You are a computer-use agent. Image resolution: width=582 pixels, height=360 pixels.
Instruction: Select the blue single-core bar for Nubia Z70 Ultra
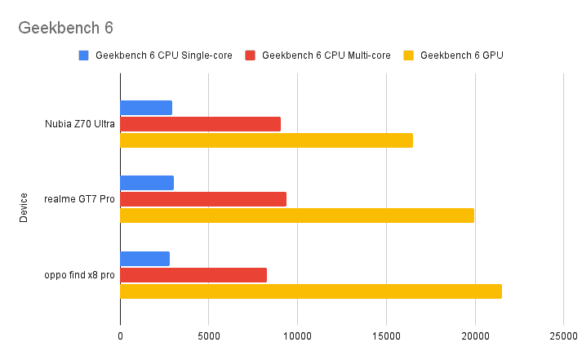146,108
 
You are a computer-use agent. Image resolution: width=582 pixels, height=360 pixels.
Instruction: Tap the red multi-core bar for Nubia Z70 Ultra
200,124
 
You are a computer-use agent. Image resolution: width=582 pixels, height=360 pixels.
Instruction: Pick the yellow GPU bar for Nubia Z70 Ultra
266,140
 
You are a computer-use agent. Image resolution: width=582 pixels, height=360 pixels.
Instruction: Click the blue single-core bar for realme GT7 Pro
147,183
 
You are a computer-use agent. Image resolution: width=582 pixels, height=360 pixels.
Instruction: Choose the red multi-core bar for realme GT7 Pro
203,199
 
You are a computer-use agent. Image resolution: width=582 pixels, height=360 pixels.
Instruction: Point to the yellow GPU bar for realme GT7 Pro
297,216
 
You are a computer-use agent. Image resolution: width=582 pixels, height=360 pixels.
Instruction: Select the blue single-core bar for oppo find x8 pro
145,259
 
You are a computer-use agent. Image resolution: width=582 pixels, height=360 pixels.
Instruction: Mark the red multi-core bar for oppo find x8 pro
193,275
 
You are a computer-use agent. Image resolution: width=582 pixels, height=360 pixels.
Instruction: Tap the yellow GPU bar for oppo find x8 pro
311,291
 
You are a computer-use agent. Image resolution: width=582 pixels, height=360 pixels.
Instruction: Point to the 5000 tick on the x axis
208,336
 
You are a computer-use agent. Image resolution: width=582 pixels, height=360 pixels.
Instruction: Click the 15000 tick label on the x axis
386,336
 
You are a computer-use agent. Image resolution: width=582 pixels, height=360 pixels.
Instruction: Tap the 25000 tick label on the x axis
563,336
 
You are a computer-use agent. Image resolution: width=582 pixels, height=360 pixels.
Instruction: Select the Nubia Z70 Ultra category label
80,125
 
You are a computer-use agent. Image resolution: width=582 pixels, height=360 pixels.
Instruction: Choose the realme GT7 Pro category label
79,200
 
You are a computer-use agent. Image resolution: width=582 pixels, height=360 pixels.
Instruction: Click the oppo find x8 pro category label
79,276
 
